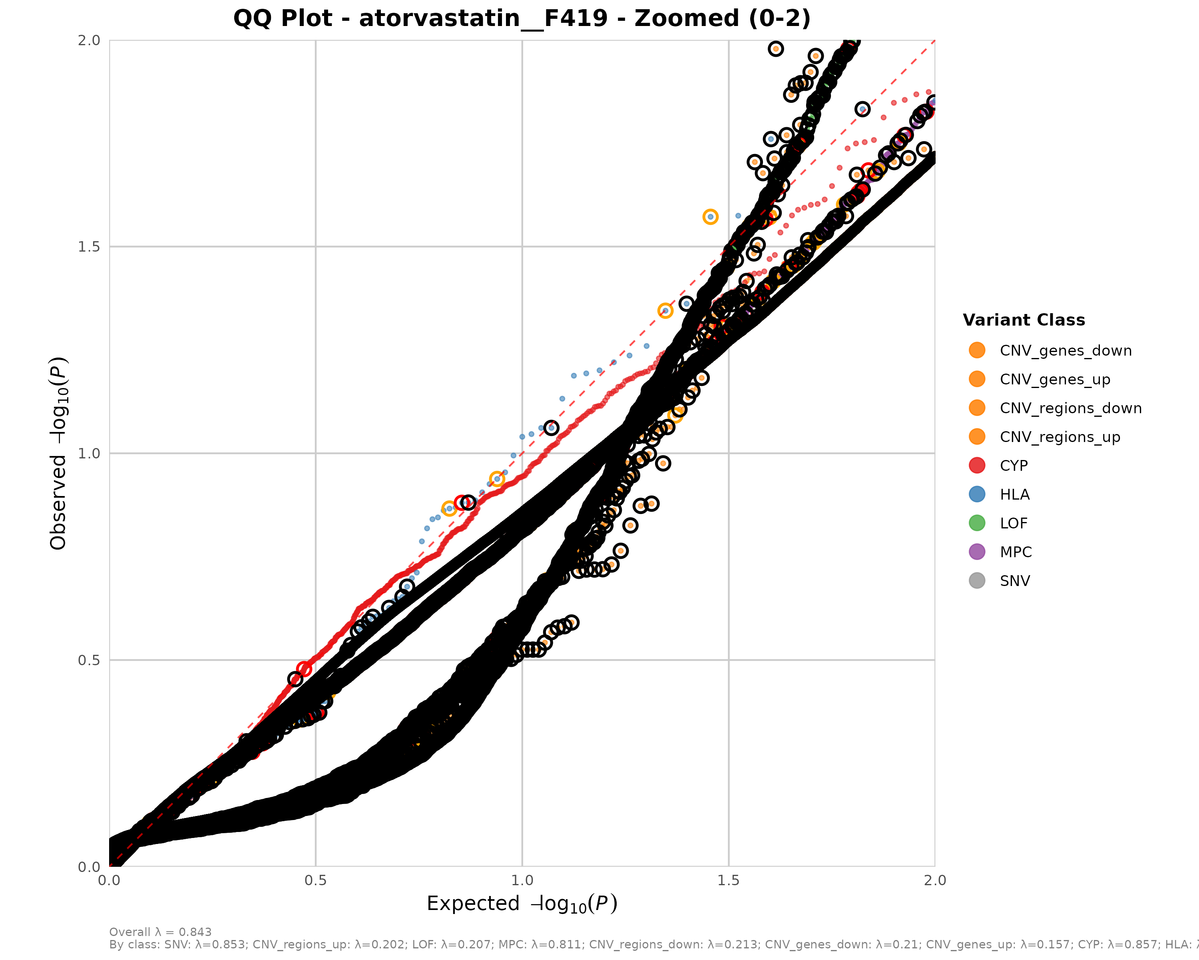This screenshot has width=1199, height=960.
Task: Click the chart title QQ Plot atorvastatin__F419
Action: (522, 18)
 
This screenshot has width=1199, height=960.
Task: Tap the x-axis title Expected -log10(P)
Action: (522, 904)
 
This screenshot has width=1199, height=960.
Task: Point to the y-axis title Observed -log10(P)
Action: (58, 453)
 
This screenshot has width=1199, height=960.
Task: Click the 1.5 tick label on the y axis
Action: (89, 246)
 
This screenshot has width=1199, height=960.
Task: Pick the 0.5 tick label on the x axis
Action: (316, 880)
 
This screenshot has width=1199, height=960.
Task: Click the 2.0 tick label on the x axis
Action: (935, 880)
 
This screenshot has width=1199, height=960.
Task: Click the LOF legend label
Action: (1013, 524)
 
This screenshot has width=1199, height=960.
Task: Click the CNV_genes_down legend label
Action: (1066, 351)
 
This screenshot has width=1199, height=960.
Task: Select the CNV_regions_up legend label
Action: (1060, 437)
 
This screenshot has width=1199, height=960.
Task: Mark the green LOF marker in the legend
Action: (976, 523)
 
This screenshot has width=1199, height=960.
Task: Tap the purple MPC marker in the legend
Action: (976, 552)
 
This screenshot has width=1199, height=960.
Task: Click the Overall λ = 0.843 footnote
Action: (160, 932)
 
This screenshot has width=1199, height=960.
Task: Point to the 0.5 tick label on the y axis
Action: (89, 660)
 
